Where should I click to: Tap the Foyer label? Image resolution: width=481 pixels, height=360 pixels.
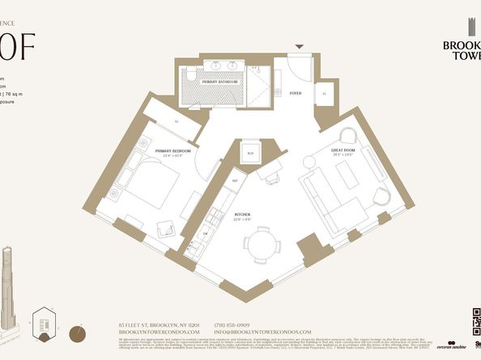point(296,93)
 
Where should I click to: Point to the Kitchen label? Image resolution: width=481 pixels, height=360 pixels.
point(243,215)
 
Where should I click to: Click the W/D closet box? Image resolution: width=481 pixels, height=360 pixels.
point(250,154)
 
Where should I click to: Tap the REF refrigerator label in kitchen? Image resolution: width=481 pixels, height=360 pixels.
point(234,180)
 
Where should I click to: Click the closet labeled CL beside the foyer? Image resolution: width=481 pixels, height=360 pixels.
point(325,94)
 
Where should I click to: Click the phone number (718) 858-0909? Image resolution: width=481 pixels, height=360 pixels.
point(233,324)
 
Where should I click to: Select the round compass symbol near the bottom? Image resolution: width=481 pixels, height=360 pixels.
point(78,331)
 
